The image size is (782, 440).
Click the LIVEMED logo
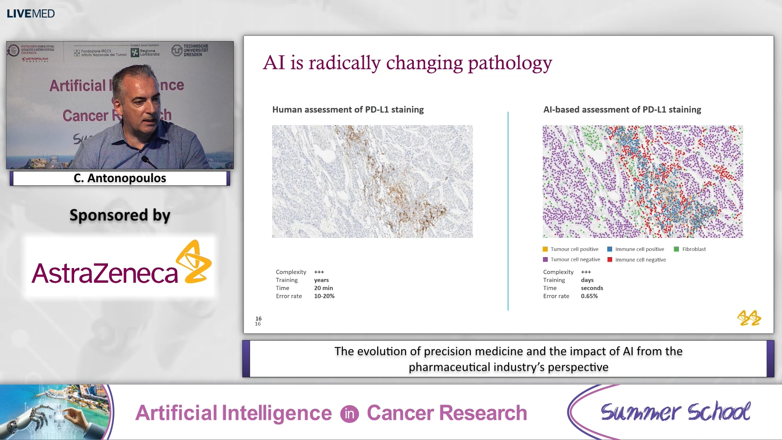[31, 13]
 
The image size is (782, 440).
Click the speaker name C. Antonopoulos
[120, 178]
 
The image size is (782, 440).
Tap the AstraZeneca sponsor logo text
[105, 273]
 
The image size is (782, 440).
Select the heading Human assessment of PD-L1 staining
[348, 110]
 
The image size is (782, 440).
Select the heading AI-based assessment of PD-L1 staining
[622, 110]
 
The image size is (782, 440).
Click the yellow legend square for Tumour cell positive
[545, 249]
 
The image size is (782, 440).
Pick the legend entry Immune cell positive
[639, 249]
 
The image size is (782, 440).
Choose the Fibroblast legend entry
[694, 249]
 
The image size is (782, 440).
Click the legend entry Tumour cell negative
[575, 260]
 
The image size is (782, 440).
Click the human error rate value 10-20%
[324, 296]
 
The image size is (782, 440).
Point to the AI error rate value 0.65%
[589, 296]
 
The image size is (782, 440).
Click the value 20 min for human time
[323, 288]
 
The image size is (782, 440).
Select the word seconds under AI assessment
[592, 288]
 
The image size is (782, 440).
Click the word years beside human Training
[321, 280]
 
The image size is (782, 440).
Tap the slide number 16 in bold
[259, 319]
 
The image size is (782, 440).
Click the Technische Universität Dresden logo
[190, 51]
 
